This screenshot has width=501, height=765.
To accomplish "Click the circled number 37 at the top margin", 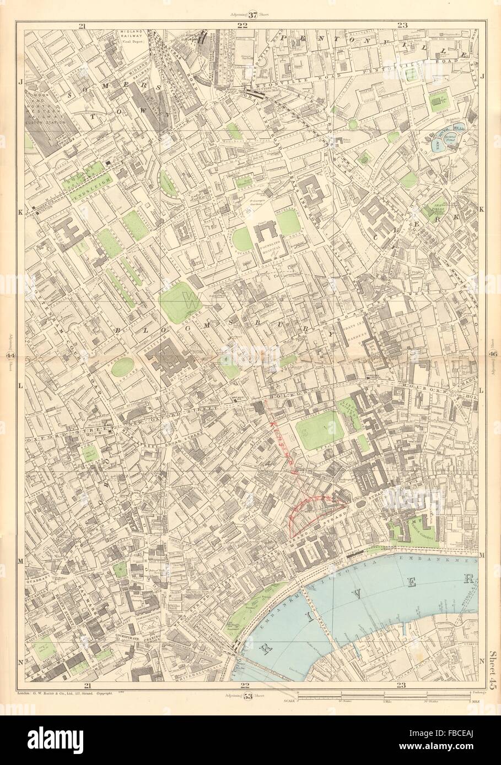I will click(253, 15).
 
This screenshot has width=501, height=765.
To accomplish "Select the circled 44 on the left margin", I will click(10, 356).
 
